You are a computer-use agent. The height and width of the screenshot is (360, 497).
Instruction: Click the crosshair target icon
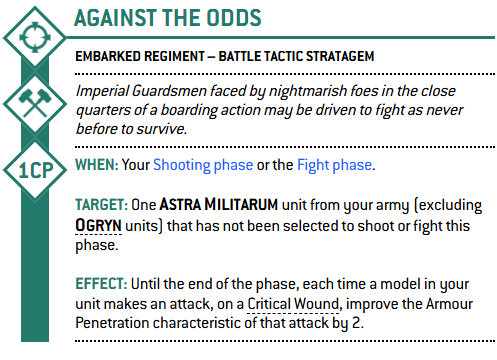click(35, 37)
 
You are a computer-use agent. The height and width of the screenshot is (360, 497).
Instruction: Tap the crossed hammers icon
click(35, 103)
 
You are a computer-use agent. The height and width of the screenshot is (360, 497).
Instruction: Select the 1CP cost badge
click(35, 170)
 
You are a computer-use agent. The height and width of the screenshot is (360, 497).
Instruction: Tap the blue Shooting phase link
click(203, 165)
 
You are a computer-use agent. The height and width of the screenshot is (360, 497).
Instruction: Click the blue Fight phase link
click(334, 165)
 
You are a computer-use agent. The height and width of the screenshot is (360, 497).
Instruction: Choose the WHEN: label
click(97, 165)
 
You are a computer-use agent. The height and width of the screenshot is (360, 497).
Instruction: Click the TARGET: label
click(101, 205)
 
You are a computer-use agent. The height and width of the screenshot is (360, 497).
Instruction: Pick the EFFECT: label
click(101, 284)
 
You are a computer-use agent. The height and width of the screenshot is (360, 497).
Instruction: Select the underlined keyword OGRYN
click(98, 226)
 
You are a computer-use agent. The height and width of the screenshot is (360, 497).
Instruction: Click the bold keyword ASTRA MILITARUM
click(219, 205)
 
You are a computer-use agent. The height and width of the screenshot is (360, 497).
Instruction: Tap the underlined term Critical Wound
click(293, 304)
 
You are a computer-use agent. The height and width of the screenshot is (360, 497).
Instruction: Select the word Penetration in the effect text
click(112, 323)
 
